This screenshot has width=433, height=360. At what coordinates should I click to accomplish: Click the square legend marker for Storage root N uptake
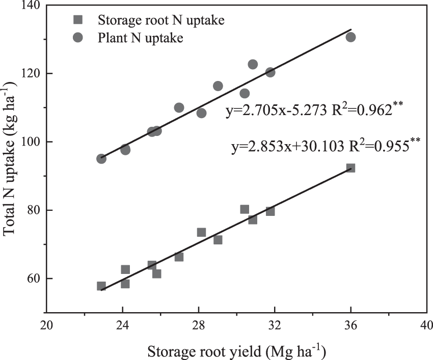point(77,20)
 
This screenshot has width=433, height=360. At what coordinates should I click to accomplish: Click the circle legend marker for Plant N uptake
point(77,39)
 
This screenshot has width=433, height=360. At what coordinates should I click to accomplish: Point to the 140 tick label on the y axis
point(30,5)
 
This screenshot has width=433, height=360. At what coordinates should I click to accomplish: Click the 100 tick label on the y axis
point(30,142)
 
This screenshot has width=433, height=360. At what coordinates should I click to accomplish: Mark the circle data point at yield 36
point(350,37)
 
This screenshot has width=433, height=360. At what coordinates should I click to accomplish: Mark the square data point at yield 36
point(350,168)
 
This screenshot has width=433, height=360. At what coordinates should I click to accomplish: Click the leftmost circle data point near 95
point(101,159)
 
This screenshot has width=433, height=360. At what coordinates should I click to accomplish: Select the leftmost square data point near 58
point(101,286)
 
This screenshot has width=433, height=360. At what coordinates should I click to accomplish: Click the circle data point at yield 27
point(179,107)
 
